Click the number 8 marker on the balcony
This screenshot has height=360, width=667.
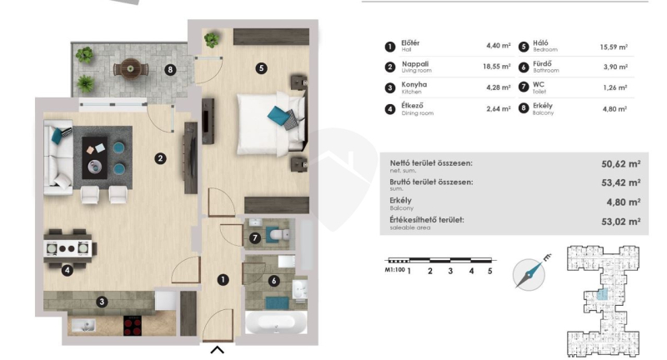(x=170, y=70)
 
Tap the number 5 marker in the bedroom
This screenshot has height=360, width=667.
(x=261, y=68)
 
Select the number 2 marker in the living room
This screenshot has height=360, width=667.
(x=160, y=158)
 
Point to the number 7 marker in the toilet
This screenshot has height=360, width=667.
(x=255, y=238)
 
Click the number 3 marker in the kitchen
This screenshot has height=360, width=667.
(x=102, y=302)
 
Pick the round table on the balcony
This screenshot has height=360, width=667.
(x=131, y=68)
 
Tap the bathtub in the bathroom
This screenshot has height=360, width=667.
(x=276, y=322)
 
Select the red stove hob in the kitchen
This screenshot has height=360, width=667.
(x=133, y=326)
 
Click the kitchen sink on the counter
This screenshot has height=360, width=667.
(x=83, y=326)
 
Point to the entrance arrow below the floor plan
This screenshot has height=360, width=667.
(x=218, y=350)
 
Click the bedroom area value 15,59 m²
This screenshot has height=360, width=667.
(x=614, y=47)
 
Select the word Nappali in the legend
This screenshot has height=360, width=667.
(x=414, y=64)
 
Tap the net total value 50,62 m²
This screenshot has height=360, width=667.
(x=620, y=163)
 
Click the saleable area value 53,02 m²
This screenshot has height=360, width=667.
(x=620, y=222)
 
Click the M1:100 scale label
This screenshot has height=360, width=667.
(x=394, y=269)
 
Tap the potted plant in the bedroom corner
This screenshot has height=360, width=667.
(x=212, y=40)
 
